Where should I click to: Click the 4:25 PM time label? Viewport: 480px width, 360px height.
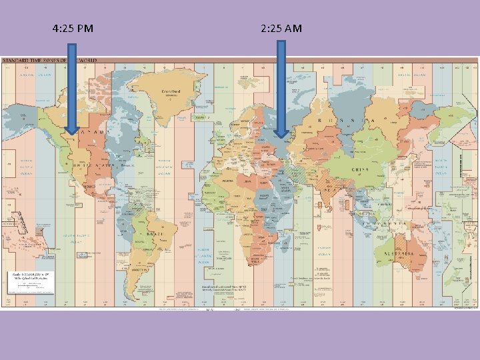72,29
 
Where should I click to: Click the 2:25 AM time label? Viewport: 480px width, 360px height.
281,29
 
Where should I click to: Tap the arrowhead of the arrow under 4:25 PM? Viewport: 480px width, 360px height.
72,130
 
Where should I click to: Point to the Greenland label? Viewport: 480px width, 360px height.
172,91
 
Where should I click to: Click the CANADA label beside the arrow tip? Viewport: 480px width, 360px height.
90,133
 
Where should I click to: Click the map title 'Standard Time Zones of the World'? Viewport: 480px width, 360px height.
51,61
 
